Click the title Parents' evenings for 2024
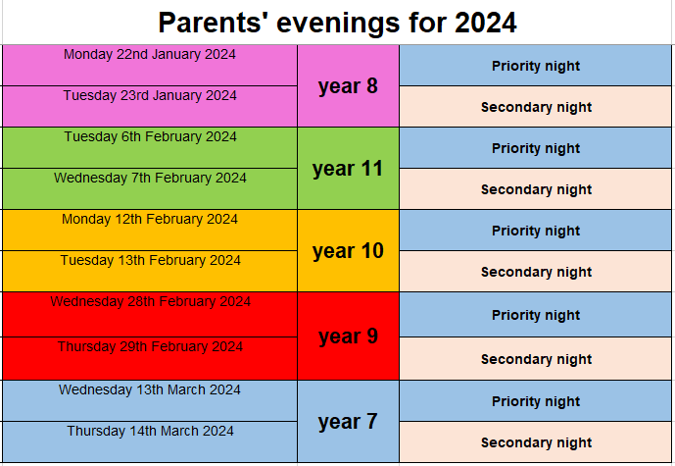pos(337,23)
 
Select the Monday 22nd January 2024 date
pos(149,54)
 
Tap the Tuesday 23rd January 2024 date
pos(150,95)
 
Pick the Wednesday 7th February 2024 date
pos(150,178)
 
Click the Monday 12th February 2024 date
pos(149,219)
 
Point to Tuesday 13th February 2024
pos(150,260)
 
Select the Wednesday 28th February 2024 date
pos(150,301)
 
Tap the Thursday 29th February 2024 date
pos(150,346)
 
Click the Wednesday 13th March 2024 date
pos(149,389)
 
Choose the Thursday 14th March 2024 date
pos(150,431)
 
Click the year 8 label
pos(348,86)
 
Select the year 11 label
pos(348,169)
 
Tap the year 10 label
pos(348,251)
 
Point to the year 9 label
pos(348,337)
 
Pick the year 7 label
pos(348,422)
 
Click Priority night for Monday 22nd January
pos(536,66)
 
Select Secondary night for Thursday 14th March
pos(536,442)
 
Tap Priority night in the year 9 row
pos(536,315)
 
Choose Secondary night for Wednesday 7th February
pos(536,189)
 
